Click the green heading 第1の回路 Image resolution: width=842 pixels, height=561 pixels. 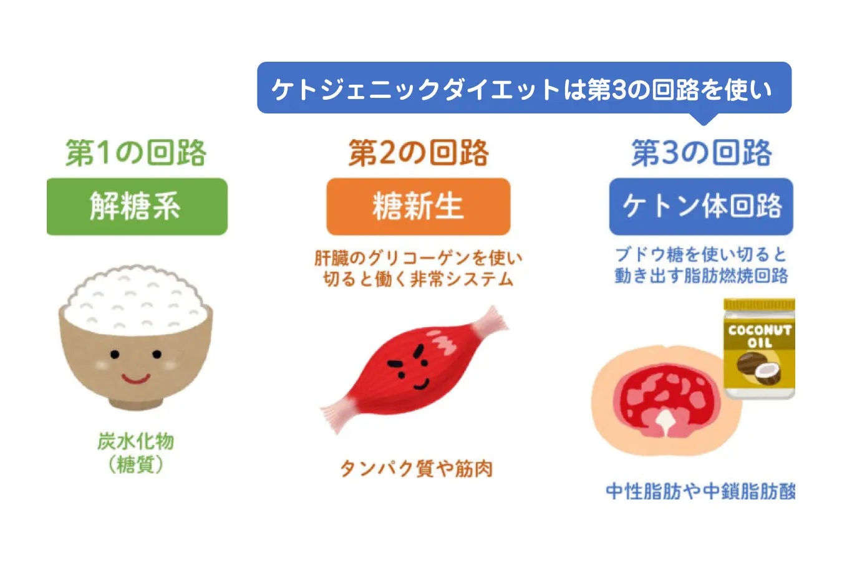coord(136,153)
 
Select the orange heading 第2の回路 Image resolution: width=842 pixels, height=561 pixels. coord(419,153)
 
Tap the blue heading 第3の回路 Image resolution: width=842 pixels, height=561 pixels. coord(702,153)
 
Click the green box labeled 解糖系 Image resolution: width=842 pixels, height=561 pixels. coord(137,206)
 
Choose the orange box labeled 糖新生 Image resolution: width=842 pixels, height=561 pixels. coord(419,206)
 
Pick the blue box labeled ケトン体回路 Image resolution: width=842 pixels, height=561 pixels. coord(702,206)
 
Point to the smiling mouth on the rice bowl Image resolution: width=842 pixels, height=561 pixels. coord(136,378)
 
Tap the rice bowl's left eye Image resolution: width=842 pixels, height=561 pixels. coord(115,354)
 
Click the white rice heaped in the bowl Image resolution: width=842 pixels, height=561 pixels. coord(136,300)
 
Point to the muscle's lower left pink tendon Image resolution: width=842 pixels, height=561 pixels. coord(337,415)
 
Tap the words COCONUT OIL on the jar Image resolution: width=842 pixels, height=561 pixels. coord(760,337)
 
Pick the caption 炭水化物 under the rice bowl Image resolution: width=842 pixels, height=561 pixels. coord(136,441)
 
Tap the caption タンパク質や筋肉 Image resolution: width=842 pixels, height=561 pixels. coord(417,469)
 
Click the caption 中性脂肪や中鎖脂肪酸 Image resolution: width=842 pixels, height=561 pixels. coord(700,491)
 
